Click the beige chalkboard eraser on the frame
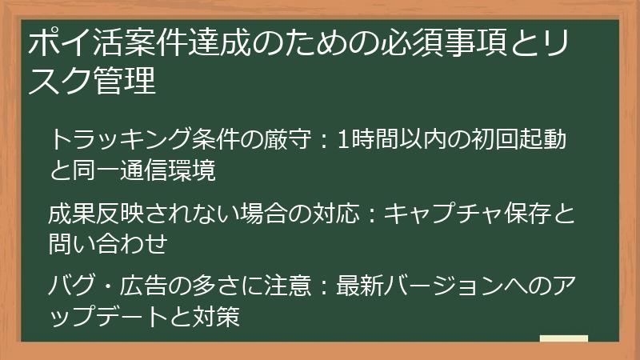[564, 340]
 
